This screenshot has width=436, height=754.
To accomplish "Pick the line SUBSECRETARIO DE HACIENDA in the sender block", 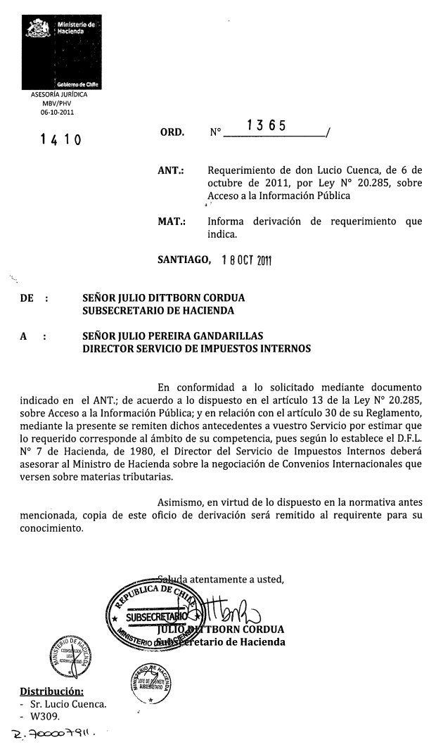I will click(x=158, y=310).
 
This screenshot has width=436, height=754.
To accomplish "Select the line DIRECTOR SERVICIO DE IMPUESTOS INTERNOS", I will click(x=196, y=348).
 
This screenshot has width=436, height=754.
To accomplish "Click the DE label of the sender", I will click(x=28, y=298).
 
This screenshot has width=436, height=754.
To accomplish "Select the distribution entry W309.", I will click(x=42, y=717).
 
